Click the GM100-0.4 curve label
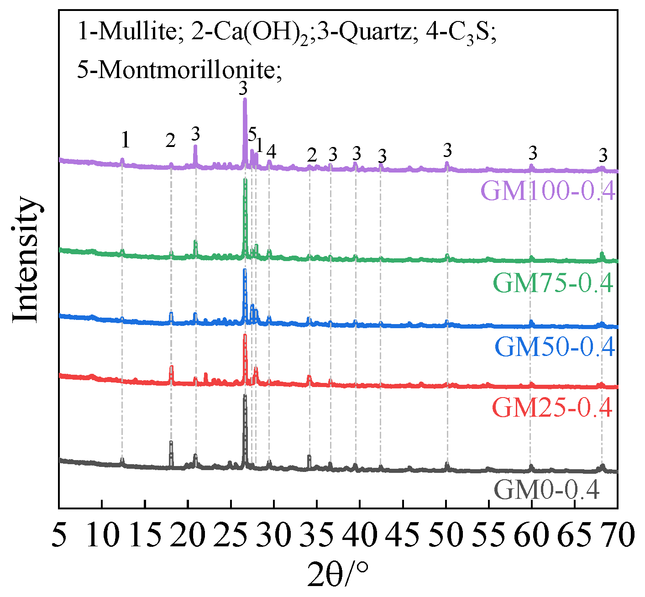pos(548,191)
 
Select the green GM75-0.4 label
pos(553,283)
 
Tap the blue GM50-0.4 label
pos(555,347)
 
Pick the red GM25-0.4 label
pos(552,408)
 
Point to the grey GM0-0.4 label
pos(546,491)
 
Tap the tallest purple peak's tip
pos(245,99)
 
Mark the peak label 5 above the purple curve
pos(252,135)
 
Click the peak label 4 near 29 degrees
pos(271,151)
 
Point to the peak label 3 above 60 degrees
pos(532,152)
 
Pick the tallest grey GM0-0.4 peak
pos(245,396)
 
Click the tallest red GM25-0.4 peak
pos(245,335)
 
